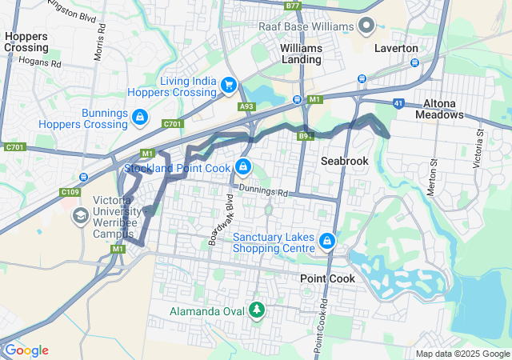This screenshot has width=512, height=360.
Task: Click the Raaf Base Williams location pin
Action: (367, 26)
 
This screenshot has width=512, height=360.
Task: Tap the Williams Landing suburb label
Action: (301, 54)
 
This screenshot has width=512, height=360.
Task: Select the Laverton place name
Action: (396, 48)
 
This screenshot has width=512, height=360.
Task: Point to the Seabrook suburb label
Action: (345, 161)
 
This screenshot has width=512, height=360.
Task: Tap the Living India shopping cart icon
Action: (229, 84)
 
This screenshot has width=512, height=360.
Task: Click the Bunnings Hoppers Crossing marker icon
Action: (139, 118)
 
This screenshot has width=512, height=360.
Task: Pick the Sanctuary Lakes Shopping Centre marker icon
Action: (326, 241)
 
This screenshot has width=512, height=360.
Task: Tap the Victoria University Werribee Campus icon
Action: (80, 215)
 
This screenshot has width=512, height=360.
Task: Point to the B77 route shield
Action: (293, 6)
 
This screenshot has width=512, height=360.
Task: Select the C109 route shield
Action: (70, 192)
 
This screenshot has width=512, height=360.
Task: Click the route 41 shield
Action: (398, 103)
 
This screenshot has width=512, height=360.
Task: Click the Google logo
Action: (26, 350)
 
